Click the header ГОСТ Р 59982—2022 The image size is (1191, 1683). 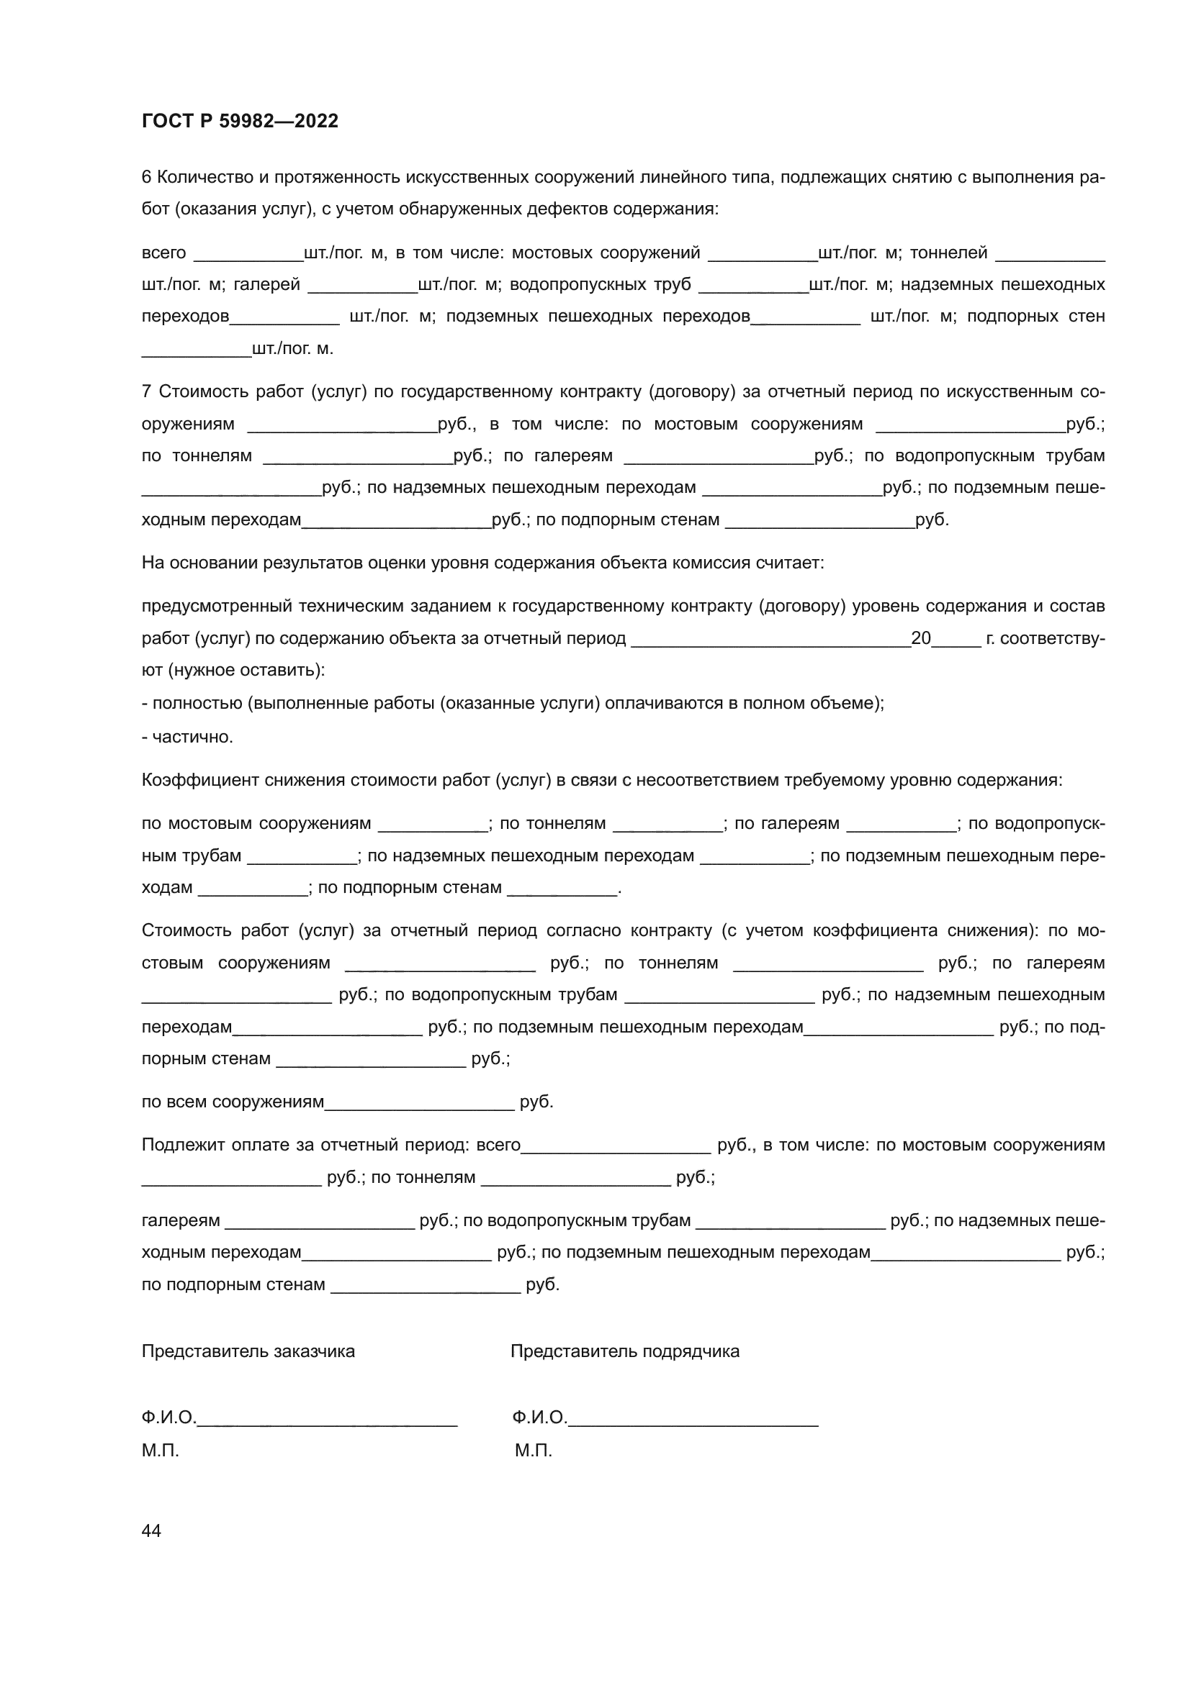pos(240,121)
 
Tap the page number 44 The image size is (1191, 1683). pos(151,1530)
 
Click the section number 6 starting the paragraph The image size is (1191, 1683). pos(146,178)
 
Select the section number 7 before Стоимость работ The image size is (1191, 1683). pos(146,391)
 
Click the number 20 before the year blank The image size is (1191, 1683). pos(920,638)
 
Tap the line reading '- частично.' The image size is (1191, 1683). pos(187,737)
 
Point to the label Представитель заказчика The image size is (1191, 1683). pos(248,1351)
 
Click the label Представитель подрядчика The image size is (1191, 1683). pos(625,1351)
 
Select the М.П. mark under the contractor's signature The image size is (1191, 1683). pos(533,1451)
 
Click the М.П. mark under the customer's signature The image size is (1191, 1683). pos(160,1451)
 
